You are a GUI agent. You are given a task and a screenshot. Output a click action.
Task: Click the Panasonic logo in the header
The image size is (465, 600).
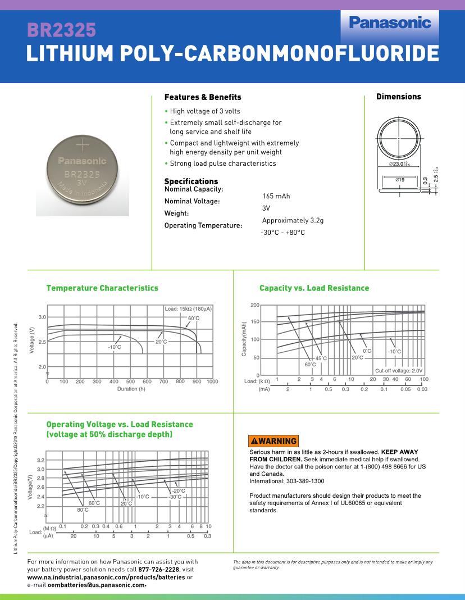[x=390, y=22]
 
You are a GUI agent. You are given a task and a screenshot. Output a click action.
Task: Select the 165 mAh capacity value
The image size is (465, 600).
[x=276, y=196]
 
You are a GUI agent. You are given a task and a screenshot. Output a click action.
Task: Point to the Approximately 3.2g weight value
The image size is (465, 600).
[x=293, y=220]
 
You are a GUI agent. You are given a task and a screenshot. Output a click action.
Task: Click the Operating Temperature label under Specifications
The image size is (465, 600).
[x=203, y=226]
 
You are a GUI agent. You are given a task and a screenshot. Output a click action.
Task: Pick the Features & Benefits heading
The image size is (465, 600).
[x=203, y=97]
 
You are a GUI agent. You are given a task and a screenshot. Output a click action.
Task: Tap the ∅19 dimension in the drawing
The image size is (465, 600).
[x=400, y=179]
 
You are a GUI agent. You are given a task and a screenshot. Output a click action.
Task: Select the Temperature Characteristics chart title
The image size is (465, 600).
[x=102, y=288]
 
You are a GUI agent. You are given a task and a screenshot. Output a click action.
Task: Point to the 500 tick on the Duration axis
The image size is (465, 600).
[x=130, y=382]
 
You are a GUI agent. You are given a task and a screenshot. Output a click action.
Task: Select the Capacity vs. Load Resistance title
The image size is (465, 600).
[x=314, y=288]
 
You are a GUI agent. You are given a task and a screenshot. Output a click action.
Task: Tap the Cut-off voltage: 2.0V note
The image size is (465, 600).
[x=399, y=371]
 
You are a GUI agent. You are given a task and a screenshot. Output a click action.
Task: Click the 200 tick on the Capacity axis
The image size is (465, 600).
[x=255, y=305]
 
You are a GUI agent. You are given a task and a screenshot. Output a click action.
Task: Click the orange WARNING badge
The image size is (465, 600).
[x=273, y=441]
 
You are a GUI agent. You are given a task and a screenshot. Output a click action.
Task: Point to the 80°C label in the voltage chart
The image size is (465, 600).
[x=83, y=510]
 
